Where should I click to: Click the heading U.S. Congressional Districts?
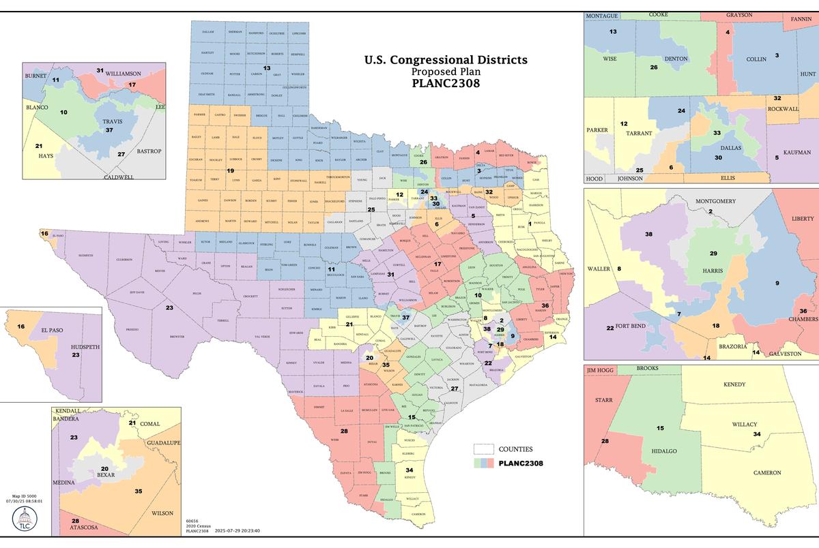click(x=446, y=60)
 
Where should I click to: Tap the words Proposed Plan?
click(x=446, y=72)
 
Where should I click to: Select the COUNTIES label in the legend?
click(x=516, y=449)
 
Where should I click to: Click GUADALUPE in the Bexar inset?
click(x=162, y=443)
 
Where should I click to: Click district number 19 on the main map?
click(x=231, y=170)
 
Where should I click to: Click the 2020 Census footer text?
click(x=196, y=525)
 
